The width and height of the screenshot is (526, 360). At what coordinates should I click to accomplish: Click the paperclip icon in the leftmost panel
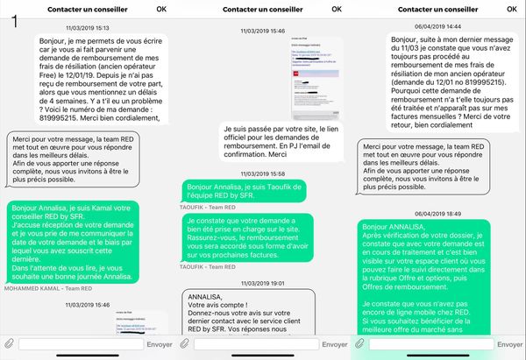[x=10, y=343]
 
